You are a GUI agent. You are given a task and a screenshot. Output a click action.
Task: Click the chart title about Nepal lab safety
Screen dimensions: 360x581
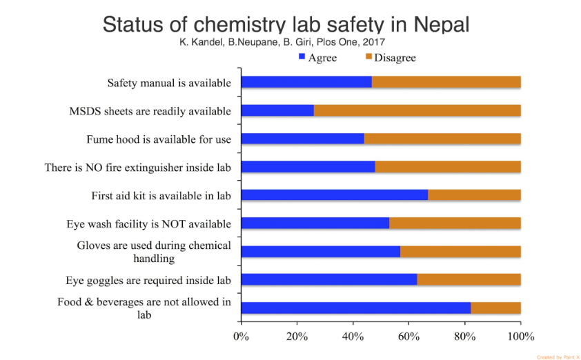[x=286, y=24]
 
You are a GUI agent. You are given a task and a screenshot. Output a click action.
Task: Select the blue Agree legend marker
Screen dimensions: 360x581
[x=302, y=56]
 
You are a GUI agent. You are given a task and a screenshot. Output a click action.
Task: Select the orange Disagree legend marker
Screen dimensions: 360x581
[x=368, y=56]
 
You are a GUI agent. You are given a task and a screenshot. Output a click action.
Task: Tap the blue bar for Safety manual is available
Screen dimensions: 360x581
[x=306, y=83]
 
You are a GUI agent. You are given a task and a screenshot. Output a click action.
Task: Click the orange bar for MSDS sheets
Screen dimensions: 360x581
[x=417, y=110]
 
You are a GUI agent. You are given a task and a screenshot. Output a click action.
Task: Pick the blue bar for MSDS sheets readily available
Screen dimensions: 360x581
[x=277, y=110]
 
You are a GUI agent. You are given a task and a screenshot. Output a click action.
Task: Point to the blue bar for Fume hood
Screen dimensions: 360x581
[x=302, y=139]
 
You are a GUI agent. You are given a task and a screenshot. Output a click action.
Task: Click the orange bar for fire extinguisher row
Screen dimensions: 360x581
[x=448, y=167]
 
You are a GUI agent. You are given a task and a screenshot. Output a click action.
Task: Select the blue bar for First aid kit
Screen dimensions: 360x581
[x=334, y=195]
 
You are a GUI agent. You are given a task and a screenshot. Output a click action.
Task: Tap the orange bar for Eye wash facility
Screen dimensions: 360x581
[x=455, y=223]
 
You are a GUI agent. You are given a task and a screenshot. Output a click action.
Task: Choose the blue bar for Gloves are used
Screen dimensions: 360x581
[x=320, y=252]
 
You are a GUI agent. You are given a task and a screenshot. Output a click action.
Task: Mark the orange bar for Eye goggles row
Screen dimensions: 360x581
[x=469, y=279]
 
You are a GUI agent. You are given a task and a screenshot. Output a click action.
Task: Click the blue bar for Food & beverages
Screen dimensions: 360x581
[x=355, y=308]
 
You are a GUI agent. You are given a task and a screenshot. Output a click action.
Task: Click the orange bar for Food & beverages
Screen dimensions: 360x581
[x=495, y=308]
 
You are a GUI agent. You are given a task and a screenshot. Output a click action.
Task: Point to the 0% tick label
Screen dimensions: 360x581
[x=241, y=337]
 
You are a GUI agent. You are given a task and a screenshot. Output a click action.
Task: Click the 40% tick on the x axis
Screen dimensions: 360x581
[x=353, y=337]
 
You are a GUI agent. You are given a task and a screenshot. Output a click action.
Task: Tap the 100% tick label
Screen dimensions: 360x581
[x=520, y=337]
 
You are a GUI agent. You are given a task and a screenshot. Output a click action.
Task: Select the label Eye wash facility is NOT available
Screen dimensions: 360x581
[x=148, y=224]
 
